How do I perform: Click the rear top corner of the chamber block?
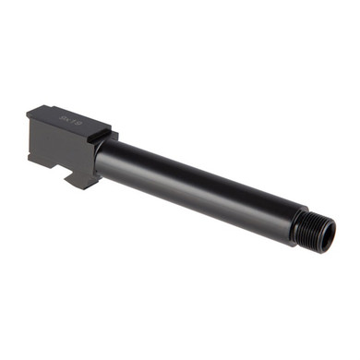[x=30, y=112]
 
